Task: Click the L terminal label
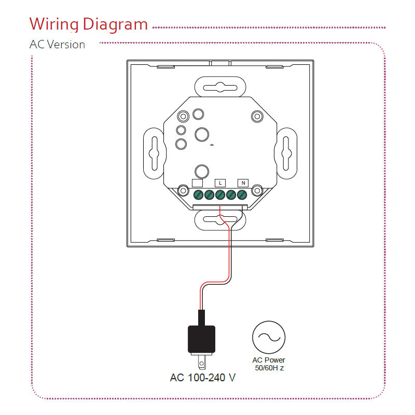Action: pos(220,183)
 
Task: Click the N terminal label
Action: pos(243,183)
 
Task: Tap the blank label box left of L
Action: pos(198,183)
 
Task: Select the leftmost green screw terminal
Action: pos(198,195)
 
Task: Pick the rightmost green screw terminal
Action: pos(241,195)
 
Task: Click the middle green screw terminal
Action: pos(220,195)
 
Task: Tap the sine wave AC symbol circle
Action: pos(269,337)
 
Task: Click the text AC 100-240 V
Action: pos(203,377)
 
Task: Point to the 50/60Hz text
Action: pos(269,368)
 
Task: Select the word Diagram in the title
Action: pos(115,24)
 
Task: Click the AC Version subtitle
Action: pos(57,45)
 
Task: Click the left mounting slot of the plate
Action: pos(154,153)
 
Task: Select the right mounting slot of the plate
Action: pos(286,153)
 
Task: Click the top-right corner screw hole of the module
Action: pos(257,116)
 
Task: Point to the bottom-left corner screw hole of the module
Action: pos(183,191)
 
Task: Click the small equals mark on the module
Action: pos(212,145)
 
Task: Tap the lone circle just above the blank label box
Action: pos(201,171)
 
